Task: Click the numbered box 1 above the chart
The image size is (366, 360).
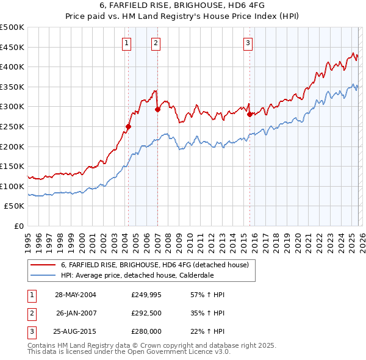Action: [x=126, y=43]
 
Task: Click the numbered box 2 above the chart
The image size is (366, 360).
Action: [x=156, y=43]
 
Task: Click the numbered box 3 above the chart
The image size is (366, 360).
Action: [x=248, y=43]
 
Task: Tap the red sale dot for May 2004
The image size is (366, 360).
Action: [x=128, y=127]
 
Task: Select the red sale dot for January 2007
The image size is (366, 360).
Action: [x=157, y=110]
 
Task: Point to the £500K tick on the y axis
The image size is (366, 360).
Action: [x=12, y=27]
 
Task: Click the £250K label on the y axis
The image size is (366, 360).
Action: [x=12, y=126]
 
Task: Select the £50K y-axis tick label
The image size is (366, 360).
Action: [x=15, y=206]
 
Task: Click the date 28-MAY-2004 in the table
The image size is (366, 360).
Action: [x=76, y=295]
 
